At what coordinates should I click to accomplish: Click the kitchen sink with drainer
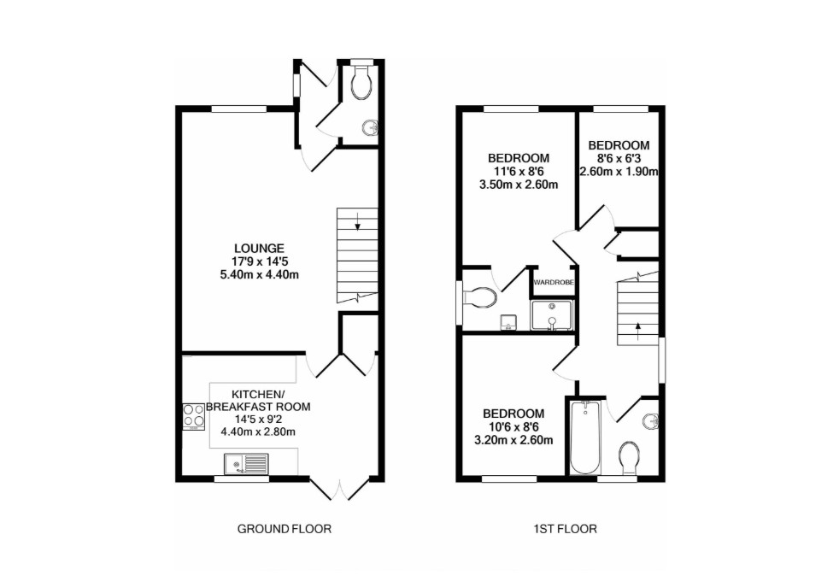point(245,464)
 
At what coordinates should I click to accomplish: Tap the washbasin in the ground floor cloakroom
point(370,129)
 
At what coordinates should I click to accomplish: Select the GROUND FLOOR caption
point(284,529)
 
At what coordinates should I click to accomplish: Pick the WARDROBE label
point(553,281)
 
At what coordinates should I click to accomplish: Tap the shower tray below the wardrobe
point(553,314)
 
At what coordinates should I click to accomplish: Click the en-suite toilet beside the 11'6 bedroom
point(478,297)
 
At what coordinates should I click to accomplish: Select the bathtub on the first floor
point(586,437)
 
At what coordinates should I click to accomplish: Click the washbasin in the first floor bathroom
point(651,420)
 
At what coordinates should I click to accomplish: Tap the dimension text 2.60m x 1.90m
point(619,171)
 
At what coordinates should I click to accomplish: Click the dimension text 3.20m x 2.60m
point(519,440)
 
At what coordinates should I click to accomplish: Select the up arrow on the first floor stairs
point(636,326)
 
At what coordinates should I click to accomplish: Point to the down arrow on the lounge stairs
point(357,226)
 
